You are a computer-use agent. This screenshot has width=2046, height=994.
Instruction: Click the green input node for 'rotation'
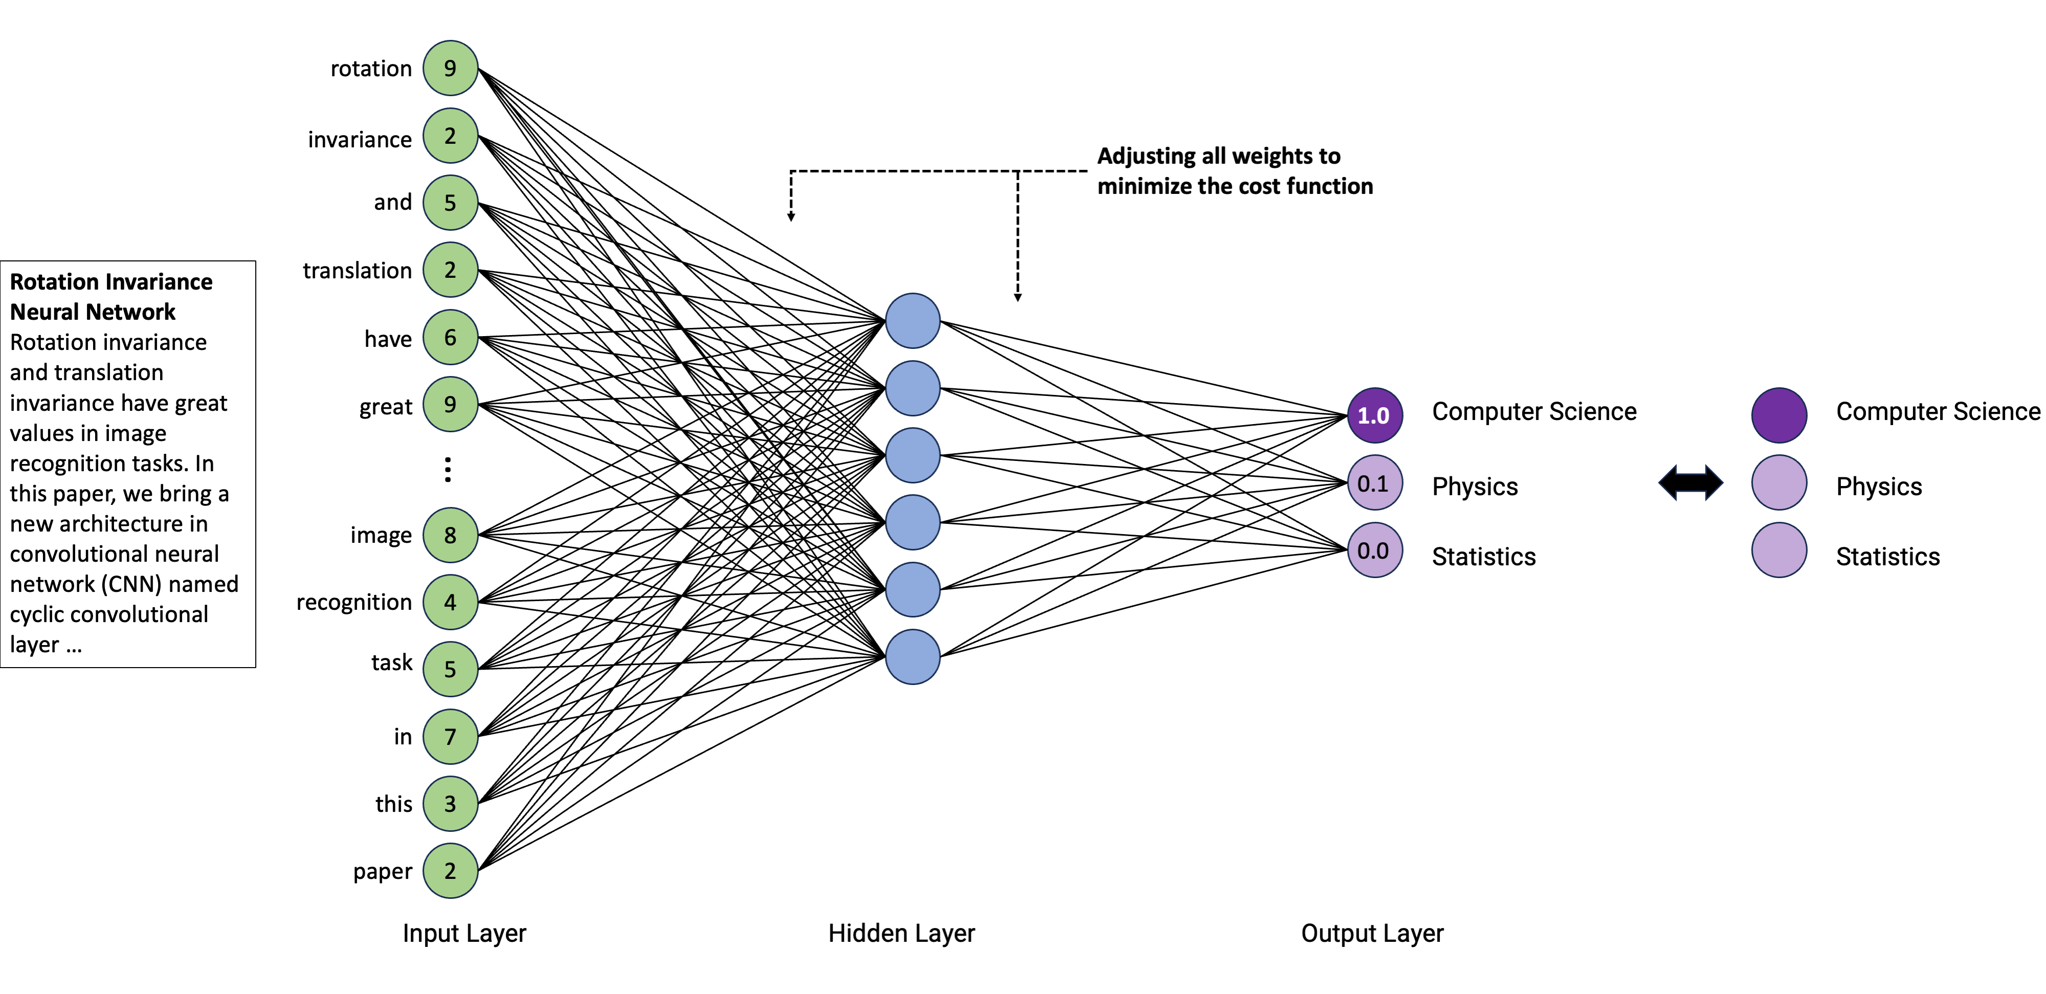450,69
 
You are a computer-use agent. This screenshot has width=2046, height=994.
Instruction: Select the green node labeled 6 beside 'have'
450,337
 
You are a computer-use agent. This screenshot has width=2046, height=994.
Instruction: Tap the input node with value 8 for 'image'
450,535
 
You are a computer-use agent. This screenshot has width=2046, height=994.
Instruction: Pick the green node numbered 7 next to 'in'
450,737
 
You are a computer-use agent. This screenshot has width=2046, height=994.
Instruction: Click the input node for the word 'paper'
450,871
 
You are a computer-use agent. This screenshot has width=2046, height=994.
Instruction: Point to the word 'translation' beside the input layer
358,271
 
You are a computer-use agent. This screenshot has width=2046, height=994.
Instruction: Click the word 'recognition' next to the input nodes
354,602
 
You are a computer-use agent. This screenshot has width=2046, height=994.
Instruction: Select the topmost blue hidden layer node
913,321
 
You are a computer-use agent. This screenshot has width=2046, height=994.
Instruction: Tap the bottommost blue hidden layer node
913,657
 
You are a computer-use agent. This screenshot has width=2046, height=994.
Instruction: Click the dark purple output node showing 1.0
1374,415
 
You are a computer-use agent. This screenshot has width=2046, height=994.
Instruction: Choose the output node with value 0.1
1374,483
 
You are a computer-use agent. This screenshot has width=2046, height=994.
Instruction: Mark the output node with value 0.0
1374,550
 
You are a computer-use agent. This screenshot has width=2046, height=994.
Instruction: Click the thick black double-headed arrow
1690,483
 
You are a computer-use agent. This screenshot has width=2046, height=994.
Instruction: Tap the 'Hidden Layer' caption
901,933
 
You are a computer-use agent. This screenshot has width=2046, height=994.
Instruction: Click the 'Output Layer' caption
1372,933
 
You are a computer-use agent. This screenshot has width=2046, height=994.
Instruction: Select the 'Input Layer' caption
464,933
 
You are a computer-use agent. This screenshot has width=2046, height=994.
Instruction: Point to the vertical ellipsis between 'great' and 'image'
448,470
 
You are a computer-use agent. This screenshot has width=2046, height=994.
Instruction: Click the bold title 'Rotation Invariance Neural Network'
111,296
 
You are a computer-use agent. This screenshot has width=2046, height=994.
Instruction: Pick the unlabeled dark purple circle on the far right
1779,415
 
